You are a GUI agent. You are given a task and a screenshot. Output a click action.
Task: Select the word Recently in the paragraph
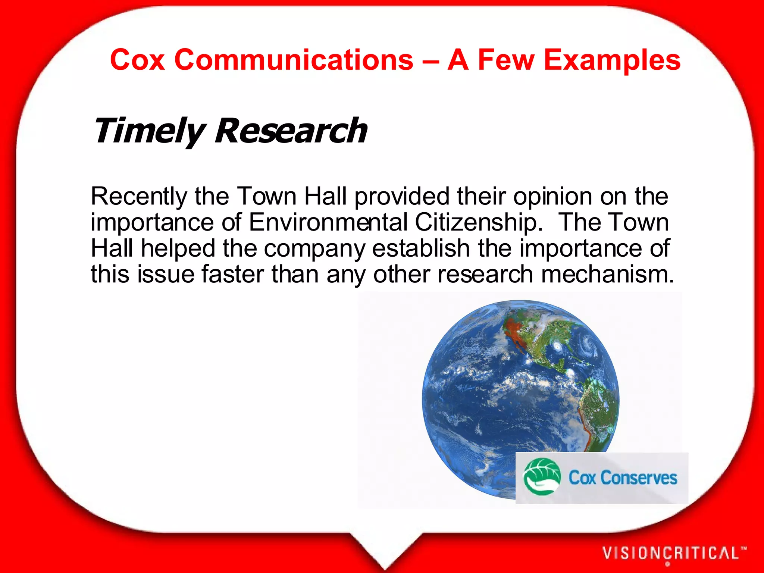[139, 196]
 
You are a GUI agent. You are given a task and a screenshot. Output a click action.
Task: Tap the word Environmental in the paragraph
[328, 222]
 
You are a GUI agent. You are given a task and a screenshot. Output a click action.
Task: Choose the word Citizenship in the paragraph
[479, 222]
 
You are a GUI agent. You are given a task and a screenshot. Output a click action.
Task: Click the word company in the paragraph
[314, 249]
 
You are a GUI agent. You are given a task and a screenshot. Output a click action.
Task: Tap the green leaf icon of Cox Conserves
[542, 477]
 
